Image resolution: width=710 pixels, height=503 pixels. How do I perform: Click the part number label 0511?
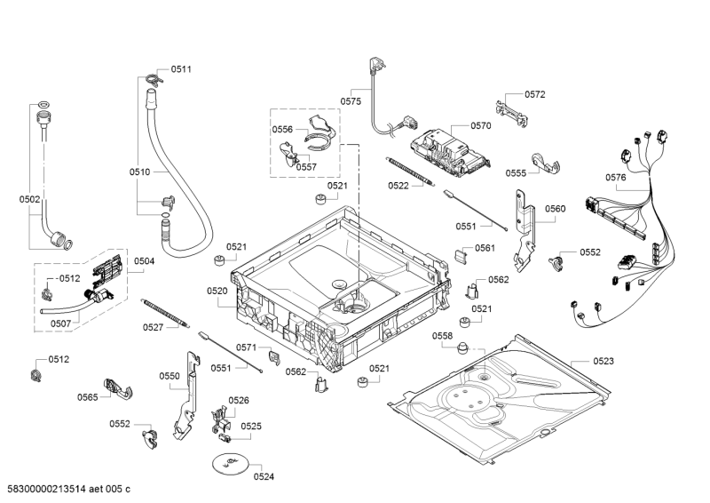[x=181, y=69]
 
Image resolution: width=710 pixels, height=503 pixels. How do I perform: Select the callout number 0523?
[x=603, y=361]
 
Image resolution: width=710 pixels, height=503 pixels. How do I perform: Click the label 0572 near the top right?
[x=534, y=94]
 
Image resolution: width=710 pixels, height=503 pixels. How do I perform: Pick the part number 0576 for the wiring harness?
[x=616, y=178]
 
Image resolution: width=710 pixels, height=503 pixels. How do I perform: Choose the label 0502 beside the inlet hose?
[x=30, y=200]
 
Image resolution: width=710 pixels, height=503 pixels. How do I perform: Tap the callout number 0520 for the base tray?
[x=217, y=291]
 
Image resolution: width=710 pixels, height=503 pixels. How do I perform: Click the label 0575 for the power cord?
[x=351, y=101]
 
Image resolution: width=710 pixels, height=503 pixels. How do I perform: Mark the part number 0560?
[x=555, y=209]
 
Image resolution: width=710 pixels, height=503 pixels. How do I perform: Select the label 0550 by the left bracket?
[x=170, y=376]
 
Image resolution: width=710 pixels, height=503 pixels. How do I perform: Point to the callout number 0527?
[x=153, y=327]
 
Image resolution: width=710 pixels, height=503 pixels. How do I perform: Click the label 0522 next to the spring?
[x=398, y=186]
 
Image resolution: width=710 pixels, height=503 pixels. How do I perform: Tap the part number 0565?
[x=87, y=397]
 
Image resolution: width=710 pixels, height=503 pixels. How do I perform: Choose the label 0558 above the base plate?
[x=443, y=335]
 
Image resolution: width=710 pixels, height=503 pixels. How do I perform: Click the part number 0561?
[x=485, y=248]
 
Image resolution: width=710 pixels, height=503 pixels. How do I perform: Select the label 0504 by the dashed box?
[x=145, y=260]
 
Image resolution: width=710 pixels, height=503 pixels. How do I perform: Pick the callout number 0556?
[x=282, y=130]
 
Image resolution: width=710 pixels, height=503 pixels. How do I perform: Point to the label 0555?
[x=517, y=173]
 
